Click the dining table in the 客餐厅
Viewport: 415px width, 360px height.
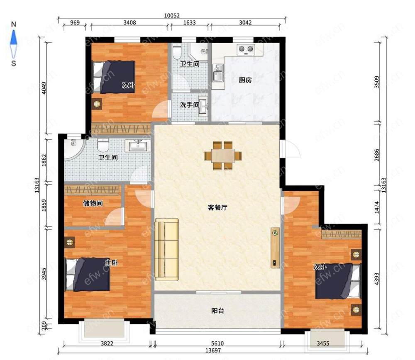[223, 156]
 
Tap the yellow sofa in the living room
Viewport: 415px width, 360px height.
[166, 249]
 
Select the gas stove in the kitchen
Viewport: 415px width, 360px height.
[246, 49]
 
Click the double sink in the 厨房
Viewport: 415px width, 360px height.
[218, 73]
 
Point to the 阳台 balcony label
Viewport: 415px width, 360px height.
[217, 311]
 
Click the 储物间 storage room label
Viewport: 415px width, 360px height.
[93, 203]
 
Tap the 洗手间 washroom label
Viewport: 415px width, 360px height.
[190, 105]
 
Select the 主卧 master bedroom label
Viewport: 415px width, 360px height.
[111, 263]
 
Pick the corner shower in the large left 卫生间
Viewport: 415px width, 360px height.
[75, 149]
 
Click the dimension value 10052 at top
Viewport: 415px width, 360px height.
[172, 16]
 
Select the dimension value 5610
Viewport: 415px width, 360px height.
[217, 343]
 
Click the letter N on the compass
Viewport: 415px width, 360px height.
[14, 24]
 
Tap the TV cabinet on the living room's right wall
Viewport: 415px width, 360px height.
[275, 248]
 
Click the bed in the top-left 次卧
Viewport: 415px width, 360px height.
[114, 77]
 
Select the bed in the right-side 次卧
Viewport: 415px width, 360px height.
[338, 281]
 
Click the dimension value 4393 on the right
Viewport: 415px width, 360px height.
[377, 279]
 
